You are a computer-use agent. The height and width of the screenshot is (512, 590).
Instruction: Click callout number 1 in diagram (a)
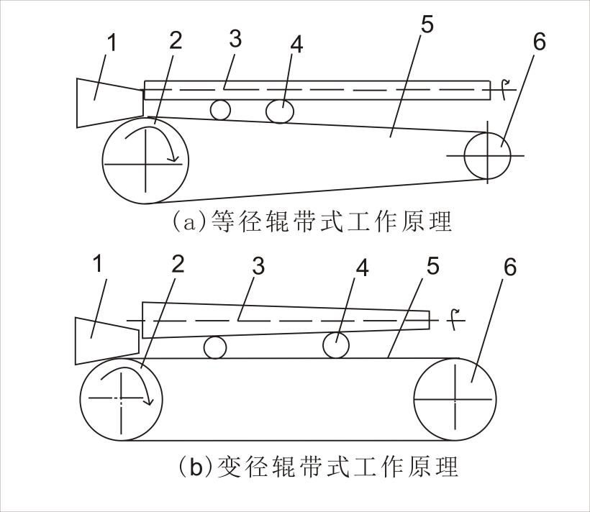tap(111, 44)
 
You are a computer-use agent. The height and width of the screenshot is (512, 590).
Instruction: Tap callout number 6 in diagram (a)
tap(538, 42)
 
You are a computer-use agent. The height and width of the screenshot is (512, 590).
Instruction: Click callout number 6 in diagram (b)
tap(509, 268)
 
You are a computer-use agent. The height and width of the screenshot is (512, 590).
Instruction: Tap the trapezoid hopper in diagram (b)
tap(104, 338)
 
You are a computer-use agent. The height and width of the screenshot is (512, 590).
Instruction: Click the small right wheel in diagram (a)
tap(487, 155)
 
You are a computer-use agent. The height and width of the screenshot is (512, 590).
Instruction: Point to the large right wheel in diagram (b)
tap(455, 398)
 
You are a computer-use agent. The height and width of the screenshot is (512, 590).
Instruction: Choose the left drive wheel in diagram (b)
tap(121, 398)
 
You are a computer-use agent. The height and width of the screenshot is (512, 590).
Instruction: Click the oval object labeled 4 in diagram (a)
tap(279, 111)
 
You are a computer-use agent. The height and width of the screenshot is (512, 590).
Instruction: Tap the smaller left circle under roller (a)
tap(220, 110)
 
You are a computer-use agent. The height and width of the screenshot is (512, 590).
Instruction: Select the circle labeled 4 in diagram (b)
tap(335, 345)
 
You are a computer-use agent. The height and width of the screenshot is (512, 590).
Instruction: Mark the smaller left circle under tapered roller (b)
tap(214, 347)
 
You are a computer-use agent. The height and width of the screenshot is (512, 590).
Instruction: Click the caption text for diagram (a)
tap(312, 221)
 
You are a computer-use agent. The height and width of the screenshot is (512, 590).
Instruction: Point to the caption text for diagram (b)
tap(317, 467)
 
